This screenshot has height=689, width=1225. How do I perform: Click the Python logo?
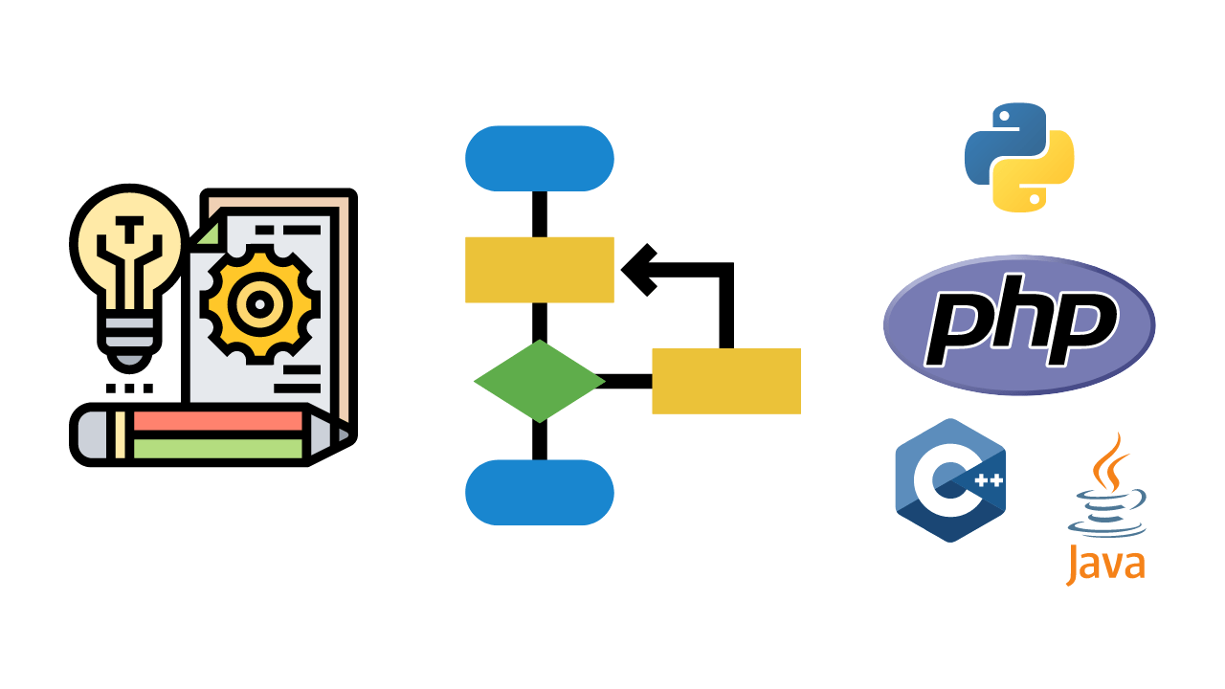(x=1019, y=157)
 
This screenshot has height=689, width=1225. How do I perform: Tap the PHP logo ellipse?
(x=1019, y=324)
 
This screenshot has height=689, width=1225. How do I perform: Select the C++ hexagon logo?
(x=950, y=480)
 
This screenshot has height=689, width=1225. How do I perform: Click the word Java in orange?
(x=1105, y=564)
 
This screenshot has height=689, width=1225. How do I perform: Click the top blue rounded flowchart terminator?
(x=539, y=158)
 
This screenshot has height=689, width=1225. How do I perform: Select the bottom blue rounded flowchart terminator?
(x=539, y=492)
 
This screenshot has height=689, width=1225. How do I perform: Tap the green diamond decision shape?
(x=539, y=381)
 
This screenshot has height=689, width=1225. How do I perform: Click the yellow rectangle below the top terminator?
(x=539, y=270)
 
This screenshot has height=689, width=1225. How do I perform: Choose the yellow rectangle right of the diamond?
(x=725, y=381)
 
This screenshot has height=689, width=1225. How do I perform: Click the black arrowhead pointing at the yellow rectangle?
(x=638, y=270)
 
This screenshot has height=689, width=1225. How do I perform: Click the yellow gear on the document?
(x=257, y=305)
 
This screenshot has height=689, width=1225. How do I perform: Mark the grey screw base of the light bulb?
(x=128, y=335)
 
